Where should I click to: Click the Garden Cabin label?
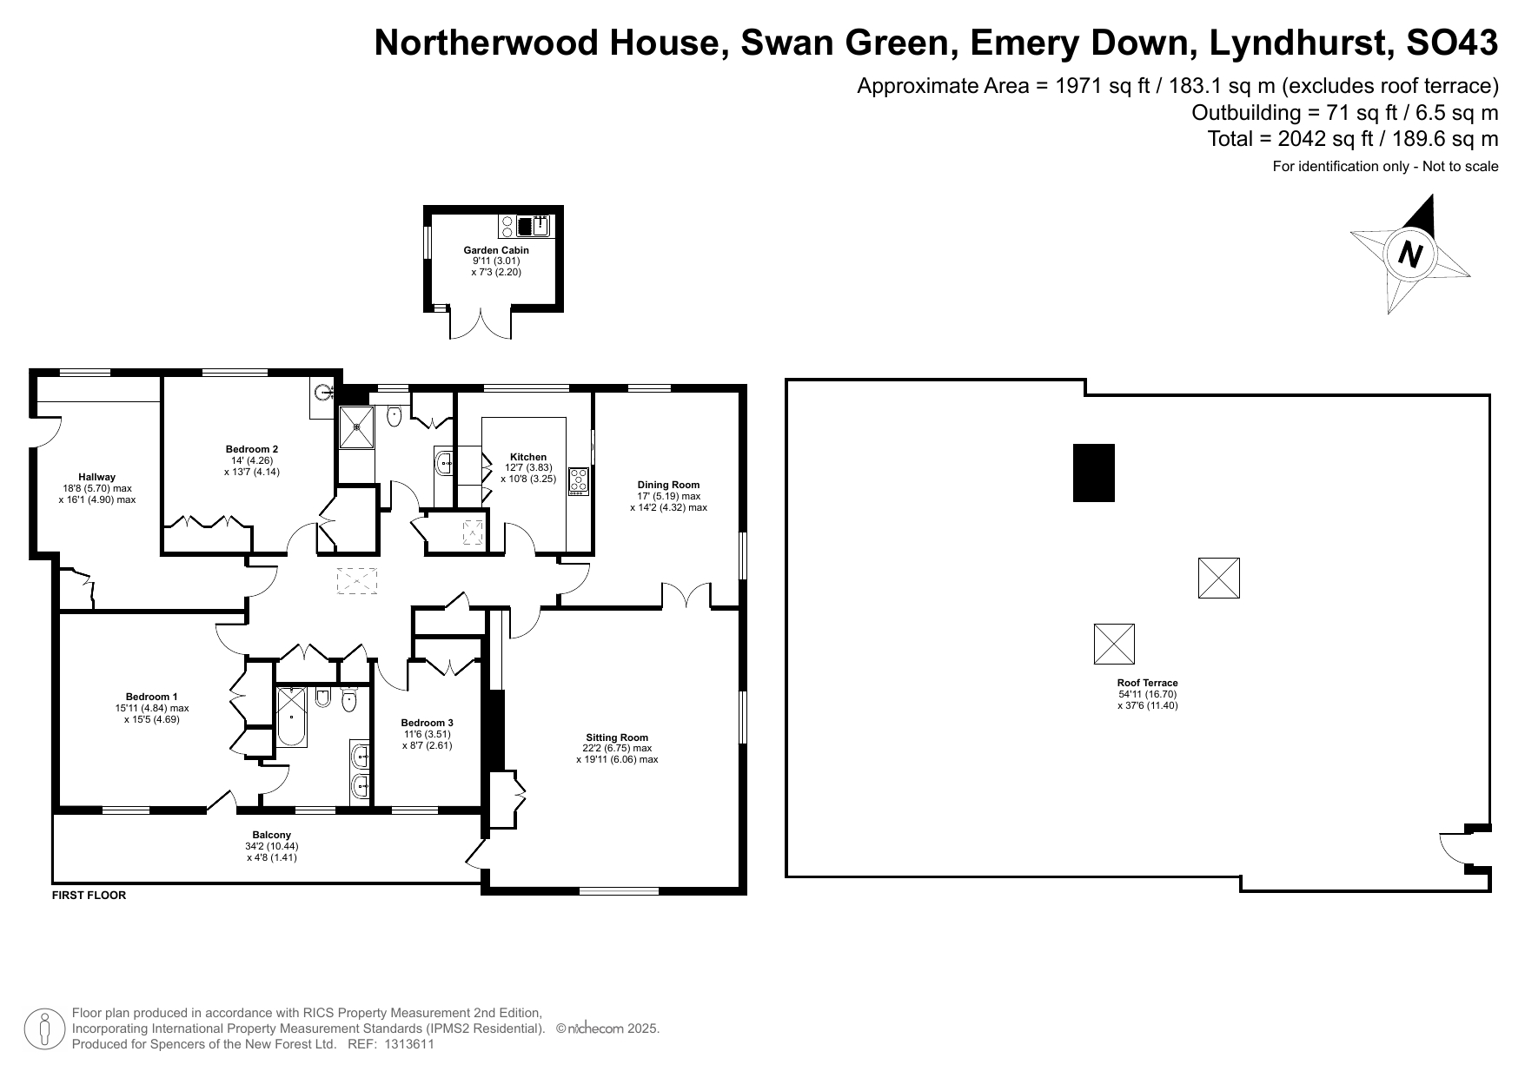point(496,250)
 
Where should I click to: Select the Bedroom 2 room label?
point(252,449)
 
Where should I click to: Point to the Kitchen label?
point(528,457)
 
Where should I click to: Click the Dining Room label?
point(668,485)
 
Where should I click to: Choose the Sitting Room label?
point(617,737)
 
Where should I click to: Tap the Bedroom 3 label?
point(427,723)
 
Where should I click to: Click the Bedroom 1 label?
point(152,697)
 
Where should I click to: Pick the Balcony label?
point(272,835)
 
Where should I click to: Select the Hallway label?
point(96,477)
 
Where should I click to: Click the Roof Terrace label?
point(1148,683)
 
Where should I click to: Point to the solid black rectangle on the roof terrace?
point(1094,473)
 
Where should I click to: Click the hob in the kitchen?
point(579,481)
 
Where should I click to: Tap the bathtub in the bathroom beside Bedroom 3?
point(291,717)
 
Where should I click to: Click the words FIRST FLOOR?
point(90,896)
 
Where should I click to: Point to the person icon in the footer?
point(44,1028)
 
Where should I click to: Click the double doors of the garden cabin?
point(481,323)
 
